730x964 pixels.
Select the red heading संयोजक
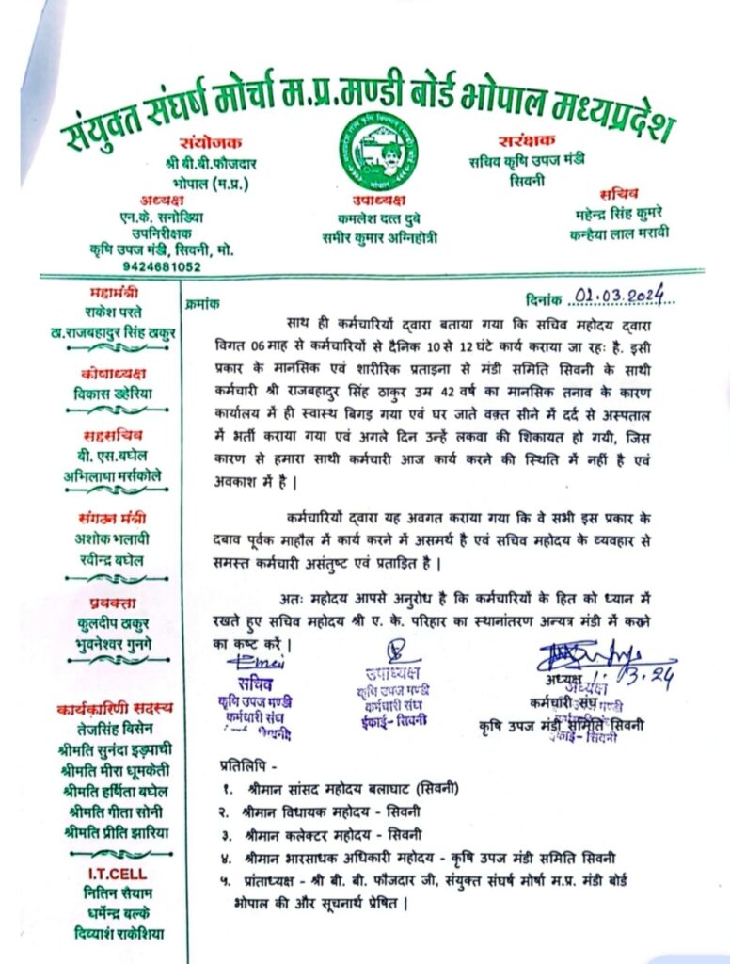tap(209, 142)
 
